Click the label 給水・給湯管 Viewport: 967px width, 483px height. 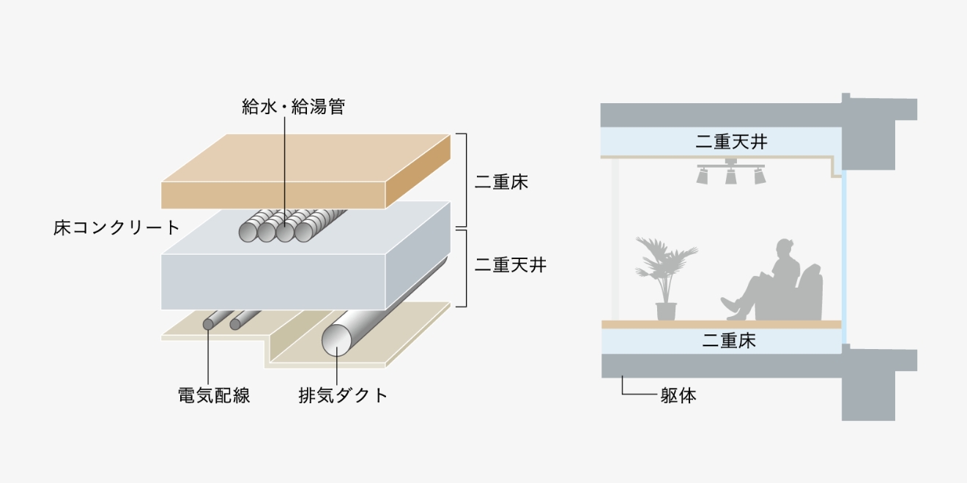(294, 107)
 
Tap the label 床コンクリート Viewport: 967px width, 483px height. (116, 228)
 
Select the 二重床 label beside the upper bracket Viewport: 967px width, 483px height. (501, 182)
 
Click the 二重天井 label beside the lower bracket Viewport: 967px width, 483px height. (511, 265)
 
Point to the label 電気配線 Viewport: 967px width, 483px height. (214, 395)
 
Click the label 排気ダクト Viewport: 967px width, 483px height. (343, 395)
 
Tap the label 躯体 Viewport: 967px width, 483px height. (678, 395)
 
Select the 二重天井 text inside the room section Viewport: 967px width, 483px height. (731, 141)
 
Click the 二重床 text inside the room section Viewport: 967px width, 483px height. (729, 341)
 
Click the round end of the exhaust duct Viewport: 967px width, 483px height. (336, 340)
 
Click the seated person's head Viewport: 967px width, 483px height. (785, 249)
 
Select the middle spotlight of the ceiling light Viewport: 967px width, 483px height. (731, 176)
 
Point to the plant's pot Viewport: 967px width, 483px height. (666, 311)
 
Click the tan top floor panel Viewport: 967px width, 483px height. (305, 171)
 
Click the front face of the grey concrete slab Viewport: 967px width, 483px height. (273, 282)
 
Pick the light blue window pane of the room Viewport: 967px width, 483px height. (844, 258)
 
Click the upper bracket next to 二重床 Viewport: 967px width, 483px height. (463, 180)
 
